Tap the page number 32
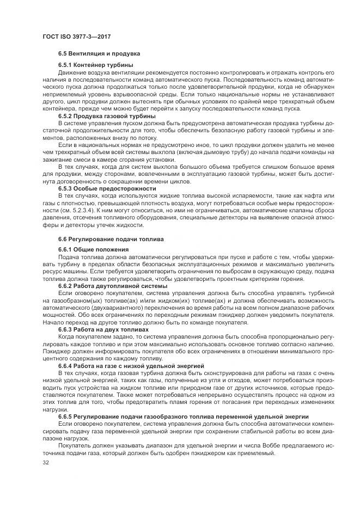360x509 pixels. click(45, 463)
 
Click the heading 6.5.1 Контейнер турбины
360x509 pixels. click(95, 65)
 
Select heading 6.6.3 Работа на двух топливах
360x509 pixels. click(103, 329)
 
